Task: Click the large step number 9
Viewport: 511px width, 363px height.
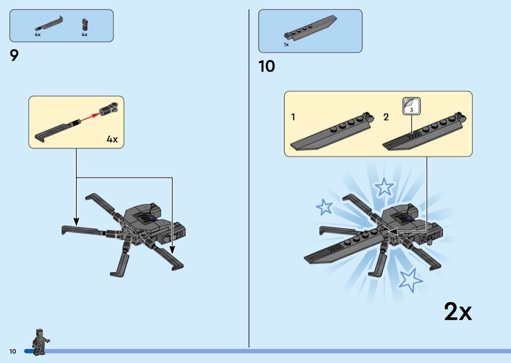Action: [14, 56]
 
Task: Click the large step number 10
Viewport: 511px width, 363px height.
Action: [267, 67]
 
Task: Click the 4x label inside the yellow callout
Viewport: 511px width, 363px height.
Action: [112, 140]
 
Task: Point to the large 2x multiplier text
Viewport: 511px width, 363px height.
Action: [458, 312]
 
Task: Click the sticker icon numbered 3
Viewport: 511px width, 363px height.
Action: [411, 106]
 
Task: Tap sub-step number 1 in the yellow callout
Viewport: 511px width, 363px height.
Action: [293, 117]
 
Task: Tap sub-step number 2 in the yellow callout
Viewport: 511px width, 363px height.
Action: [386, 117]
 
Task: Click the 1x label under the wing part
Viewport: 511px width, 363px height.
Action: [286, 45]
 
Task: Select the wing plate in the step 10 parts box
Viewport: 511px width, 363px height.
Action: [310, 28]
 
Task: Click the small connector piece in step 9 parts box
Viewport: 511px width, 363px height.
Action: [85, 24]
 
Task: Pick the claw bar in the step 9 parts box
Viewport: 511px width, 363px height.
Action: [49, 24]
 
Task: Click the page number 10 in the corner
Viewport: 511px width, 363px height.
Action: [13, 351]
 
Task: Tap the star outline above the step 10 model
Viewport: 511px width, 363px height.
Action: [384, 187]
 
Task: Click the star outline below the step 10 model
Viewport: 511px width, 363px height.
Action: [411, 280]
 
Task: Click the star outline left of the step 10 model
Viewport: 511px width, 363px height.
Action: [324, 207]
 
